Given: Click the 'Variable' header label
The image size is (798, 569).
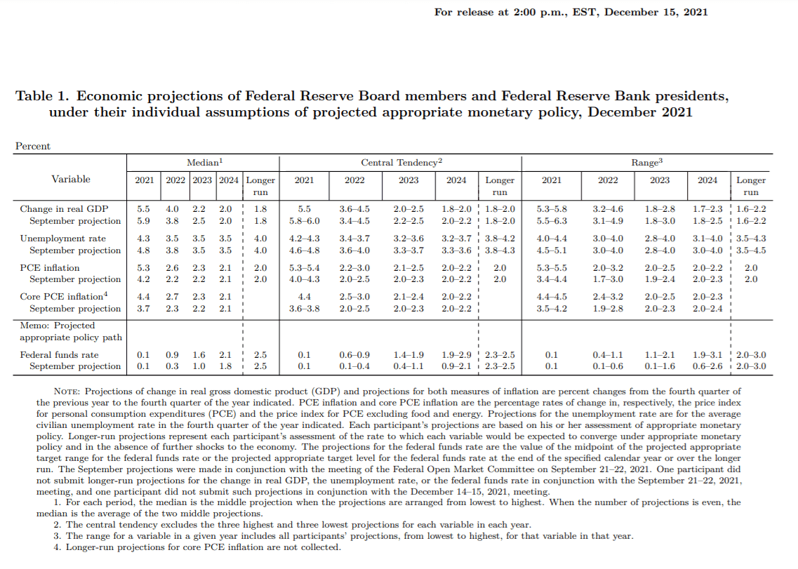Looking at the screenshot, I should (x=71, y=179).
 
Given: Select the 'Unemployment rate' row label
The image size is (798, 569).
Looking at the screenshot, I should (x=63, y=239).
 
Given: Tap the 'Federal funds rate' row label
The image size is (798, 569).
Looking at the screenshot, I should (x=60, y=355).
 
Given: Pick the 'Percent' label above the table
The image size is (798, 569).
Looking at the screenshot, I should (x=33, y=146).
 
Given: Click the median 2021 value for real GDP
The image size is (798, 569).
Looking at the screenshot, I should (x=143, y=208).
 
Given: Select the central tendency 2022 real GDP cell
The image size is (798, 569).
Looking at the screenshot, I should (x=354, y=208).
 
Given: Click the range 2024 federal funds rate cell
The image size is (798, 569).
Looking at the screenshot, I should (x=707, y=355).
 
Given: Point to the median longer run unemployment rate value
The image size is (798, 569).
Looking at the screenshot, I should (x=260, y=239).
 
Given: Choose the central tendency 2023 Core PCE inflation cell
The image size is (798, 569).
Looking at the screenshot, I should (x=408, y=297).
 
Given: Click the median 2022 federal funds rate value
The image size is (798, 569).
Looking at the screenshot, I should (x=172, y=355).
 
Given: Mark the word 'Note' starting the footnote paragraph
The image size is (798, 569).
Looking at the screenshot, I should (x=68, y=391).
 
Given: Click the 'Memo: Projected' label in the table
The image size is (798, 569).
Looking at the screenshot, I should (x=58, y=326).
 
